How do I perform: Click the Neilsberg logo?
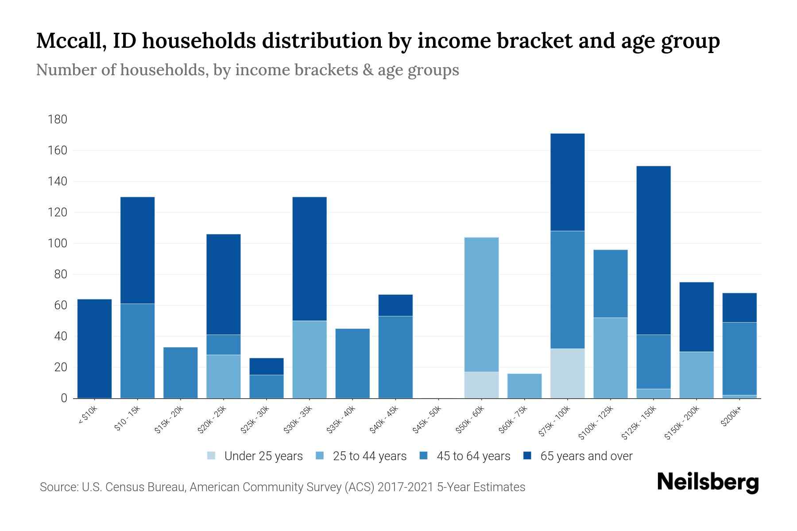pyautogui.click(x=708, y=482)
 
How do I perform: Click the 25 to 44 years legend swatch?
pyautogui.click(x=320, y=456)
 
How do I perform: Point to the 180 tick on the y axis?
pyautogui.click(x=58, y=119)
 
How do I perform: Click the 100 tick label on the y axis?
pyautogui.click(x=58, y=243)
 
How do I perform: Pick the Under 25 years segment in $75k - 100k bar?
pyautogui.click(x=567, y=373)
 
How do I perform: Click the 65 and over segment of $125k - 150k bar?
pyautogui.click(x=653, y=250)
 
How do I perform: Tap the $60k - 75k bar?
pyautogui.click(x=524, y=386)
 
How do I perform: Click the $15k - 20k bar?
pyautogui.click(x=180, y=373)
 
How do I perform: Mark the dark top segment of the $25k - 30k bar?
pyautogui.click(x=267, y=366)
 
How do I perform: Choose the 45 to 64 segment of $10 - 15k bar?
pyautogui.click(x=137, y=350)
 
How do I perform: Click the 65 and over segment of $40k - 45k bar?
pyautogui.click(x=395, y=305)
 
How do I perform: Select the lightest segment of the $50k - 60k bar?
pyautogui.click(x=481, y=385)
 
